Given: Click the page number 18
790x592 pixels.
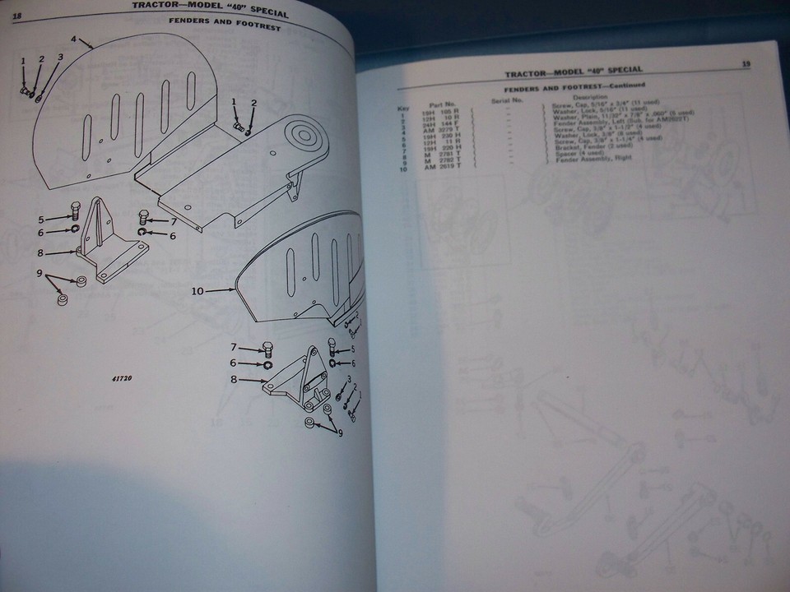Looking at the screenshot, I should (x=17, y=5).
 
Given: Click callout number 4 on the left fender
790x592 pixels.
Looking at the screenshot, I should (x=73, y=39).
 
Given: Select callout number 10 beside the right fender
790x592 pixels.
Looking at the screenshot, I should (x=197, y=290).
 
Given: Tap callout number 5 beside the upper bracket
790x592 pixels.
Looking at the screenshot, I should (x=39, y=220).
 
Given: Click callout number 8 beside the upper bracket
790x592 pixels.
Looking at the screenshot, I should (x=39, y=253).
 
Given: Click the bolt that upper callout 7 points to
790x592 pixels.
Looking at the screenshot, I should (x=143, y=217).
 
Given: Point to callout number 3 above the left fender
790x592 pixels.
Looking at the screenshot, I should (x=60, y=58).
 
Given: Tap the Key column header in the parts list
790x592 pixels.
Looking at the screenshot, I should (x=403, y=107).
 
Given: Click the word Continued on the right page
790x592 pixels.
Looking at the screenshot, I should (x=624, y=85).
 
